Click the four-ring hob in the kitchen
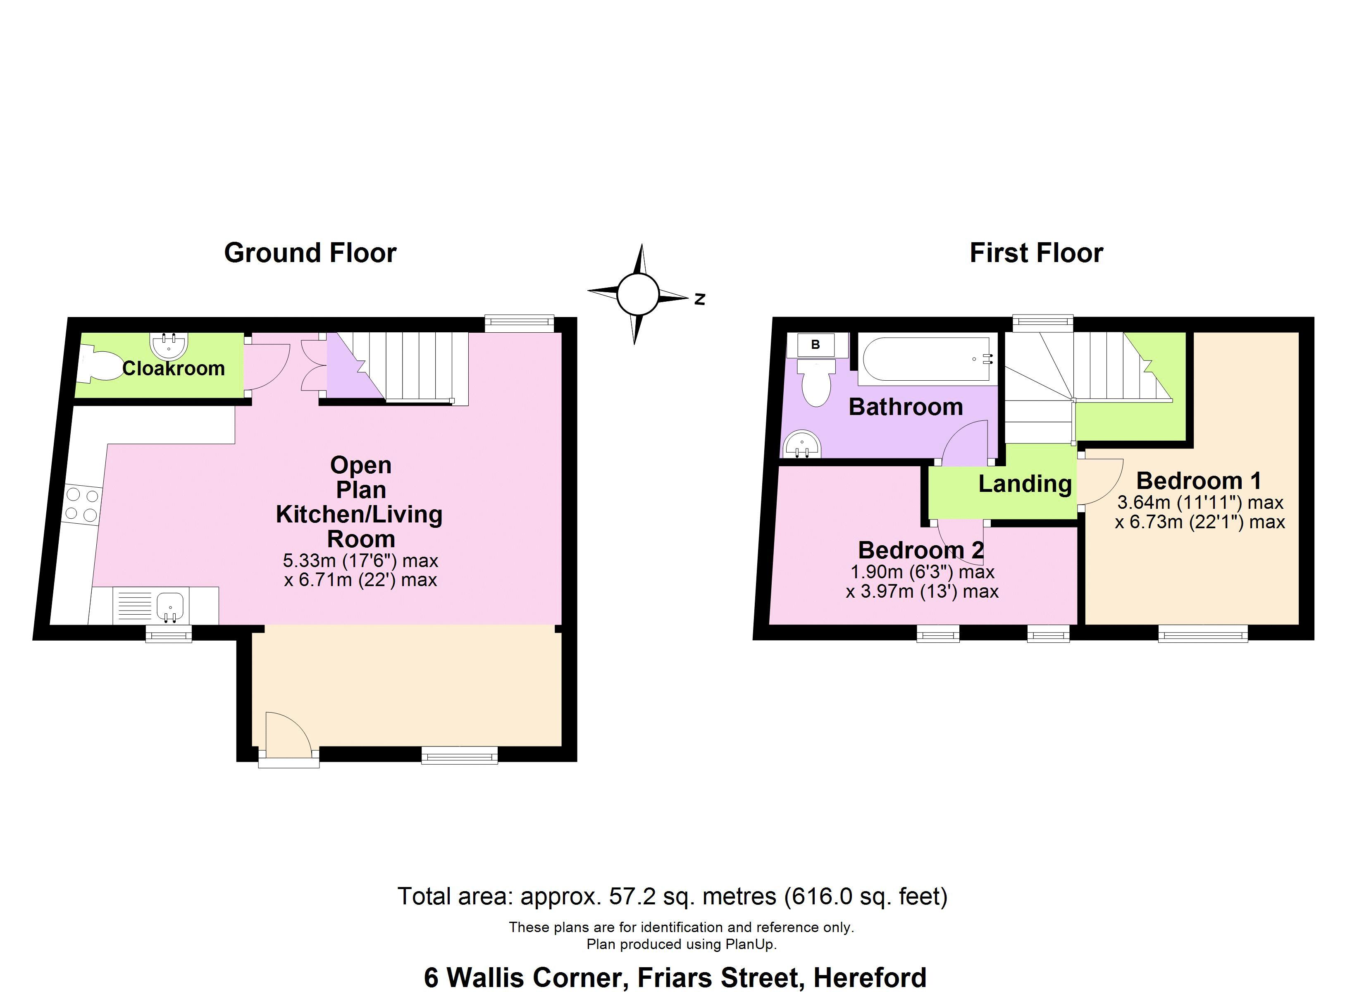pos(82,505)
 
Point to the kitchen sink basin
pos(171,606)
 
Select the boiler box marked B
pos(816,345)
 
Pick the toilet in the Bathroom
pos(816,383)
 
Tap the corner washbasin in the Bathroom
pos(801,445)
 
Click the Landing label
pos(1025,484)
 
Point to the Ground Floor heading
pos(310,253)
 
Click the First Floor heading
pos(1036,253)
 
